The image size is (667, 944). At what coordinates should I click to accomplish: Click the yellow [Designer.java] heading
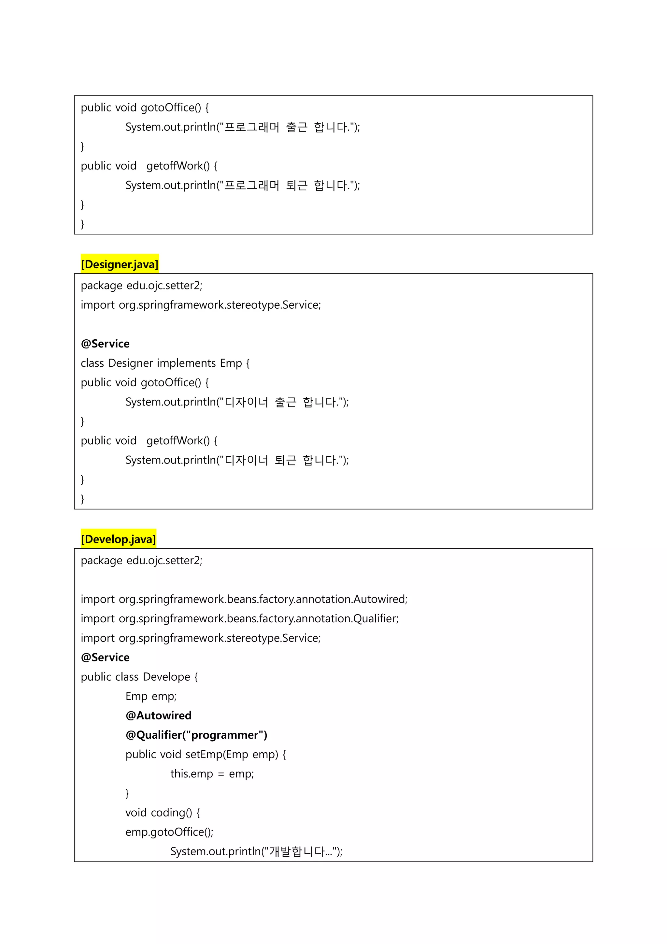pos(120,264)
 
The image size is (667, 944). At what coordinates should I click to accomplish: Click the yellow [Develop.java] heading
pos(118,539)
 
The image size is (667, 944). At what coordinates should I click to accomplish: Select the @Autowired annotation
pos(158,715)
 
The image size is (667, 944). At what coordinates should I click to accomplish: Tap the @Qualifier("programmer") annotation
pos(196,735)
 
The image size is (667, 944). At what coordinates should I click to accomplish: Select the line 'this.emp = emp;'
pos(212,774)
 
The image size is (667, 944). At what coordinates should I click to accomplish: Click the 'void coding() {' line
pos(163,812)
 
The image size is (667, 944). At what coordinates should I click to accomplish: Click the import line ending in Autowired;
pos(244,599)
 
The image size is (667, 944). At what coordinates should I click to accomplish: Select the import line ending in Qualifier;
pos(239,618)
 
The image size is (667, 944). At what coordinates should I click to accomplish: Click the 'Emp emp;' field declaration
pos(151,696)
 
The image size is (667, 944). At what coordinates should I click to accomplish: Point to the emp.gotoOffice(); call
pos(169,832)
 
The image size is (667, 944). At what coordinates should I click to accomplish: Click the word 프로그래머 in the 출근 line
pos(252,127)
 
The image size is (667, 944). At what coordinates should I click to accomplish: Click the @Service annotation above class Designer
pos(105,344)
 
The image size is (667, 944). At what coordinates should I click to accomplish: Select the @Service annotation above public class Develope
pos(105,657)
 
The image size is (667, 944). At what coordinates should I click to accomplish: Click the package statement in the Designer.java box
pos(141,285)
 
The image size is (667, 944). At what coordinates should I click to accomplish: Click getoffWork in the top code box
pos(175,166)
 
